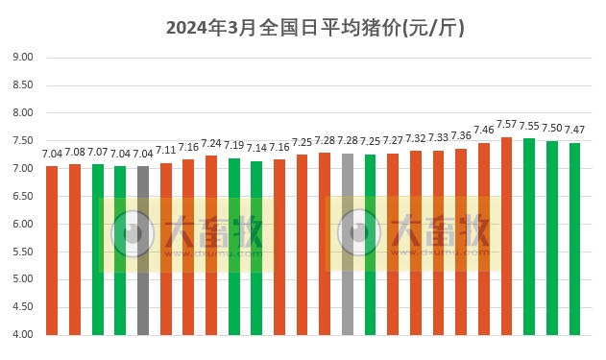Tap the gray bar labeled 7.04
pyautogui.click(x=143, y=251)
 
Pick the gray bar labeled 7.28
pyautogui.click(x=348, y=244)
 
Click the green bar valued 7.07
pyautogui.click(x=98, y=250)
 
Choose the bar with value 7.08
pyautogui.click(x=75, y=250)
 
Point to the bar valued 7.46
pyautogui.click(x=484, y=239)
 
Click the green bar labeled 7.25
pyautogui.click(x=370, y=245)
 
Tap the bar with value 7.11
pyautogui.click(x=166, y=249)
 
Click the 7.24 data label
pyautogui.click(x=211, y=144)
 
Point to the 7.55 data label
pyautogui.click(x=529, y=126)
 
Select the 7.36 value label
pyautogui.click(x=461, y=136)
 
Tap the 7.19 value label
pyautogui.click(x=234, y=146)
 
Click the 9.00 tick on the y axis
pyautogui.click(x=22, y=58)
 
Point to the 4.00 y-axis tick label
pyautogui.click(x=22, y=335)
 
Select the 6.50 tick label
pyautogui.click(x=22, y=197)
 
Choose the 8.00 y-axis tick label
pyautogui.click(x=22, y=113)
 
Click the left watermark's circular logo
pyautogui.click(x=132, y=233)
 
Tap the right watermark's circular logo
pyautogui.click(x=359, y=233)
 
